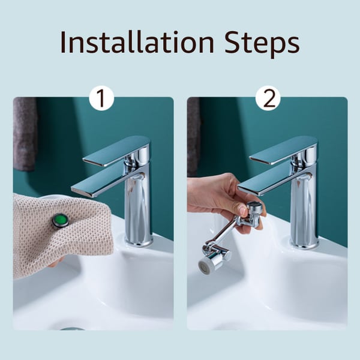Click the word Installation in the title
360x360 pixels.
[137, 43]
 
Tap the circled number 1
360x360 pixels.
[101, 98]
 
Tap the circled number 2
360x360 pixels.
[268, 98]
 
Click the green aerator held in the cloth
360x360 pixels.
[60, 221]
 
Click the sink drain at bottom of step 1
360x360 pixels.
[72, 328]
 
